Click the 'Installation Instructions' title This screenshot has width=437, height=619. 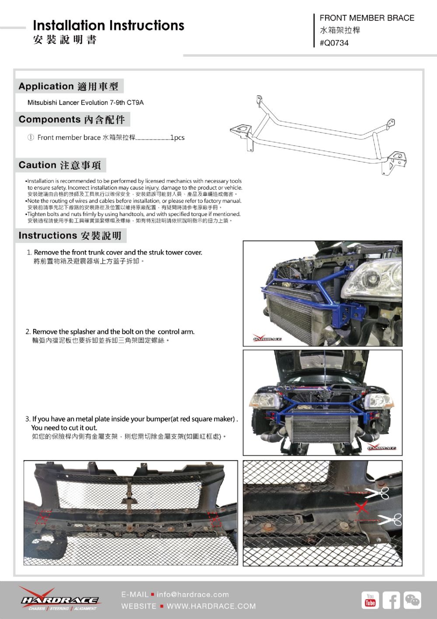[x=108, y=25]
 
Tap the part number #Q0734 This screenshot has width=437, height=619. [x=334, y=43]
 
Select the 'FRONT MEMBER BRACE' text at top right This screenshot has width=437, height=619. [x=367, y=18]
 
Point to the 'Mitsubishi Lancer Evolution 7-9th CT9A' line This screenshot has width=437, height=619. [x=86, y=103]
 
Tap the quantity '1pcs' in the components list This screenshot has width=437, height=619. [x=177, y=137]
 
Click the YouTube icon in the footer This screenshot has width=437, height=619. [x=370, y=600]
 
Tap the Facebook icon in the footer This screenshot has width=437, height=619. [x=391, y=600]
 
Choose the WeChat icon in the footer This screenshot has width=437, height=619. [x=412, y=600]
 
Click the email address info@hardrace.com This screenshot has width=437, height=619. [x=193, y=595]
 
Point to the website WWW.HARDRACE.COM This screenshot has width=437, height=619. [x=211, y=606]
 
